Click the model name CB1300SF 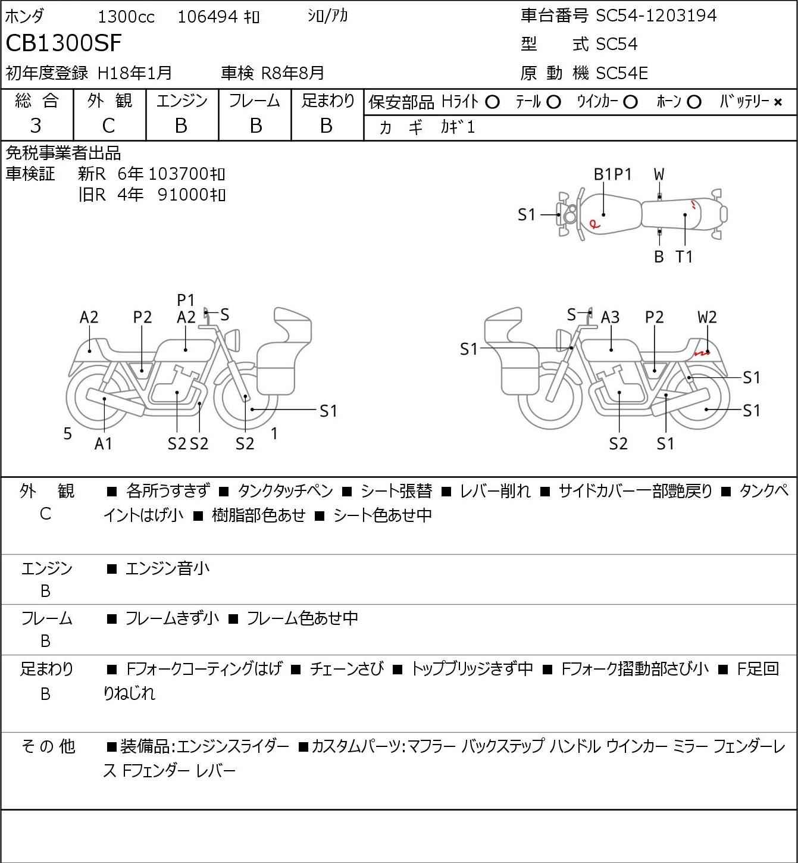click(x=64, y=43)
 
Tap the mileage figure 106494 click(x=208, y=17)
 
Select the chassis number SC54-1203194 click(x=656, y=15)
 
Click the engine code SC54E click(x=622, y=73)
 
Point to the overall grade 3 click(x=36, y=126)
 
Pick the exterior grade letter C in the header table click(x=108, y=126)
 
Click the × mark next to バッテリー click(x=778, y=102)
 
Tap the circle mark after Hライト click(x=492, y=102)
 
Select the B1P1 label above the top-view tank click(x=612, y=174)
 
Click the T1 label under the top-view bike click(x=684, y=257)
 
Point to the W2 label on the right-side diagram click(x=707, y=317)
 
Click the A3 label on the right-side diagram click(x=610, y=317)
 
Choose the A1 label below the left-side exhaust click(x=104, y=443)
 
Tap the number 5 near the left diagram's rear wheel click(x=68, y=434)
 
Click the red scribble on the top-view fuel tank click(x=594, y=224)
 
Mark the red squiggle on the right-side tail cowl click(x=702, y=354)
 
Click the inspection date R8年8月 click(x=293, y=73)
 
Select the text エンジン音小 click(x=167, y=569)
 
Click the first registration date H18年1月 click(x=135, y=73)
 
